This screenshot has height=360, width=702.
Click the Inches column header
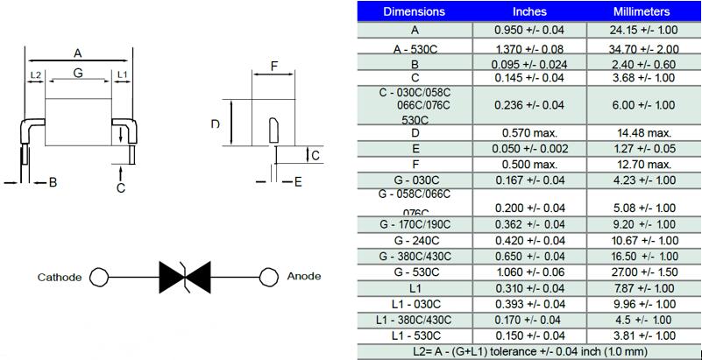pos(529,11)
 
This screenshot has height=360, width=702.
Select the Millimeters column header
pos(642,11)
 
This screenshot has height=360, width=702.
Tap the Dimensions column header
pos(415,11)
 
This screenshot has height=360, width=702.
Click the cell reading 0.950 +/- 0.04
pos(529,30)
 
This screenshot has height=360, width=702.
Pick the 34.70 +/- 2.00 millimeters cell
pos(642,50)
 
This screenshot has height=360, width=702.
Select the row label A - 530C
pos(415,50)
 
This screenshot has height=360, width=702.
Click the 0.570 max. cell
pos(529,132)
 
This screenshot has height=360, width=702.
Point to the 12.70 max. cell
pos(642,164)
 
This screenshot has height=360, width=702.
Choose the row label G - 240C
pos(415,240)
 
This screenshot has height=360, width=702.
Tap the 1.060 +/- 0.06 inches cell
pos(529,272)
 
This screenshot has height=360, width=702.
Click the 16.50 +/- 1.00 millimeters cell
pos(642,256)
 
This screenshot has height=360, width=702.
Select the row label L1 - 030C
pos(415,303)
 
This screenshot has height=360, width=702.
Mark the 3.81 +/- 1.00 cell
pos(642,335)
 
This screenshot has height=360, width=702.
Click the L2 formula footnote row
pos(529,350)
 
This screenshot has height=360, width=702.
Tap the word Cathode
pos(60,277)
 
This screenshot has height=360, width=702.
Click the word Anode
pos(304,276)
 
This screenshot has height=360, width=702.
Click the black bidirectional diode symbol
pos(181,277)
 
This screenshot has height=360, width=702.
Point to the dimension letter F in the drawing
pos(273,67)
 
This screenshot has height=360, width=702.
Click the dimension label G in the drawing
pos(78,74)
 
